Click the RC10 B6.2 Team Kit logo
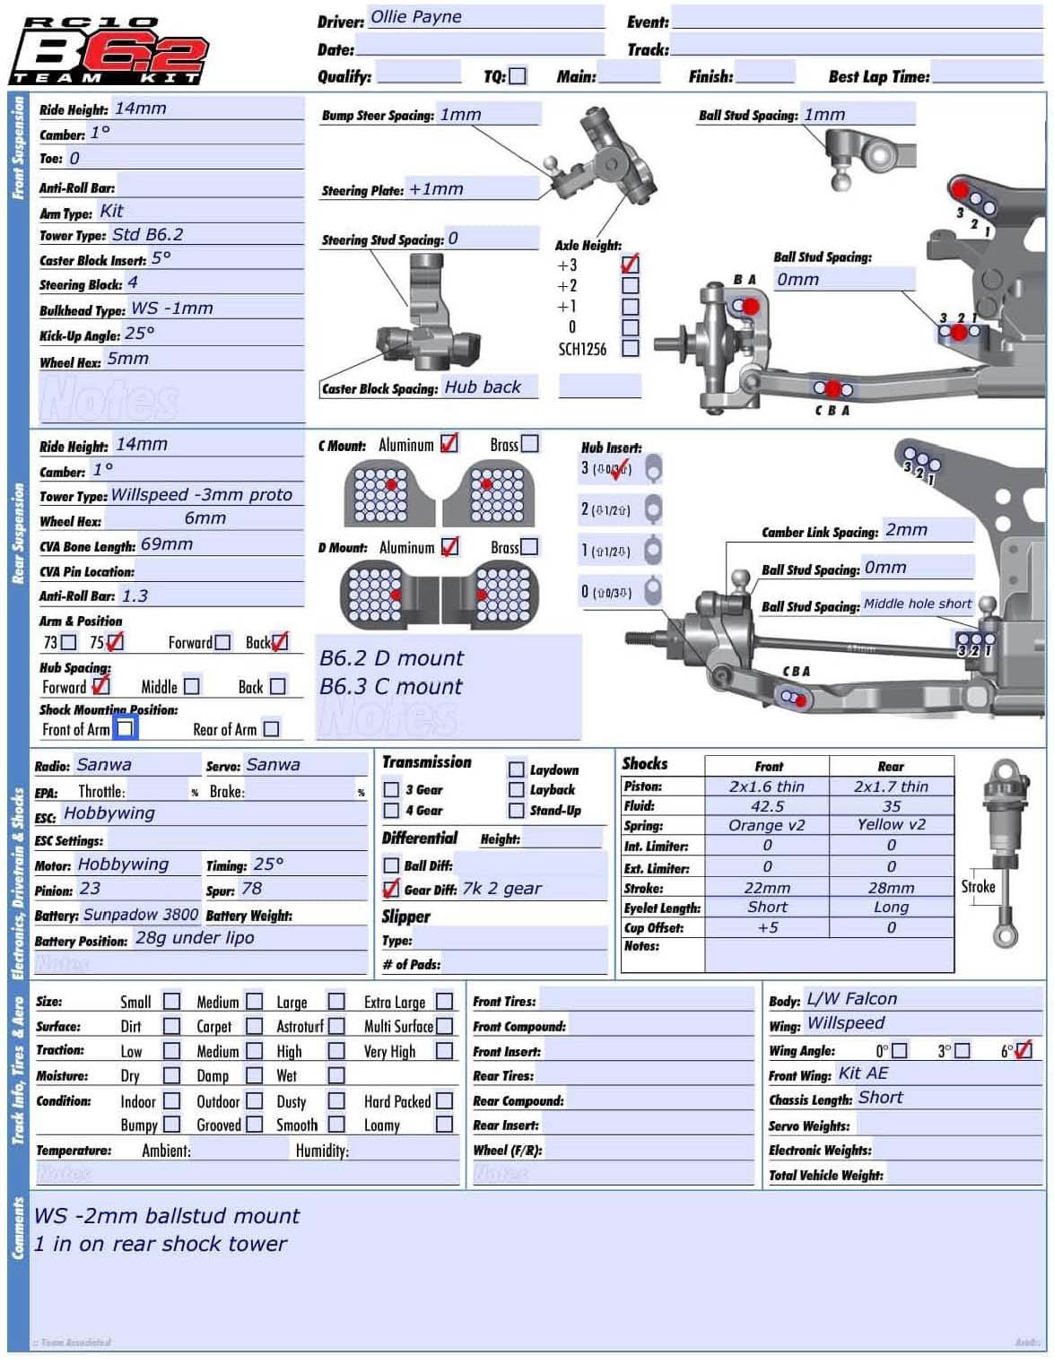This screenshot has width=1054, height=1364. tap(109, 50)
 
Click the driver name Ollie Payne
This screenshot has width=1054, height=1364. tap(415, 17)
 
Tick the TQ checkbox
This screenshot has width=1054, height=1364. tap(518, 76)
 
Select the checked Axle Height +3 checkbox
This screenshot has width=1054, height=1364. tap(630, 264)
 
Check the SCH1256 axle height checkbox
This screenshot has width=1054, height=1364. tap(631, 348)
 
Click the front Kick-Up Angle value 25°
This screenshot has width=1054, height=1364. tap(140, 334)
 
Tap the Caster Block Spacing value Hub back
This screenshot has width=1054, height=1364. tap(483, 387)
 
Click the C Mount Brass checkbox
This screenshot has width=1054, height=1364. tap(530, 444)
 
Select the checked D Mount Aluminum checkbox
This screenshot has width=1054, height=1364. tap(449, 546)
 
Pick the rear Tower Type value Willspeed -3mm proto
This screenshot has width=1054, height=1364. tap(202, 495)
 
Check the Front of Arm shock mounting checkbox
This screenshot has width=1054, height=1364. tap(126, 728)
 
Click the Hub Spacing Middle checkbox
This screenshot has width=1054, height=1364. tap(191, 686)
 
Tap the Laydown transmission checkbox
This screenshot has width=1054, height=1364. tap(516, 769)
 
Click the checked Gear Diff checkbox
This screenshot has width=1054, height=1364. tap(391, 889)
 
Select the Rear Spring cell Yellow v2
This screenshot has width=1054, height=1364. tap(891, 825)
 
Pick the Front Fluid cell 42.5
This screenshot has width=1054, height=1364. tap(767, 806)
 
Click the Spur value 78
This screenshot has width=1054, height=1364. tap(252, 889)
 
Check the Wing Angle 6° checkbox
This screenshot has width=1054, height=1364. tap(1024, 1050)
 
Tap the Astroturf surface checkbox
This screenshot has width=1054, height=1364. tap(336, 1026)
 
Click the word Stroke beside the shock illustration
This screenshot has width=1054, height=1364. tap(978, 887)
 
